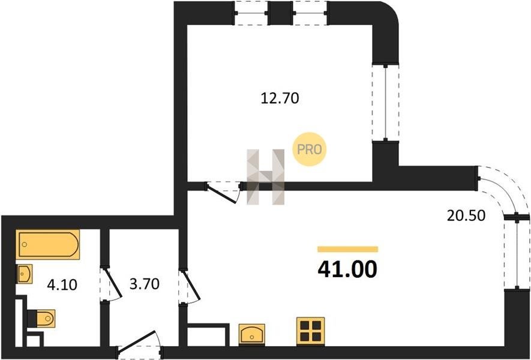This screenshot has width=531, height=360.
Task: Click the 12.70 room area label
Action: point(280,98)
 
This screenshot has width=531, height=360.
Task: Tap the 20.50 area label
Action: point(466,215)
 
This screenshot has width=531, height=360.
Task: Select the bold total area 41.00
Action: point(347,269)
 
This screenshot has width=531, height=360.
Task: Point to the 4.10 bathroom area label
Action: point(62,285)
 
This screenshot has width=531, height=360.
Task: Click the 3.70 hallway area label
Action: point(144,284)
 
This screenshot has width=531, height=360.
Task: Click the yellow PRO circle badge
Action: point(309,149)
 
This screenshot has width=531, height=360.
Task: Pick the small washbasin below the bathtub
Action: point(25,274)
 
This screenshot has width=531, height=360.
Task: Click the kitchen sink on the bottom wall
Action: point(251,335)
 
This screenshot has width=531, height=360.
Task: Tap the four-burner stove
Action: point(311,331)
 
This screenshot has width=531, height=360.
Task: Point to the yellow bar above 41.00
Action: point(347,250)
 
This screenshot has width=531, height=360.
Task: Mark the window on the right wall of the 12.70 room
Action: point(385,102)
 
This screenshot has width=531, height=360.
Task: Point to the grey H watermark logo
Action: point(265,177)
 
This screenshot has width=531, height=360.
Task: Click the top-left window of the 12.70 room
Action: point(251,13)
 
